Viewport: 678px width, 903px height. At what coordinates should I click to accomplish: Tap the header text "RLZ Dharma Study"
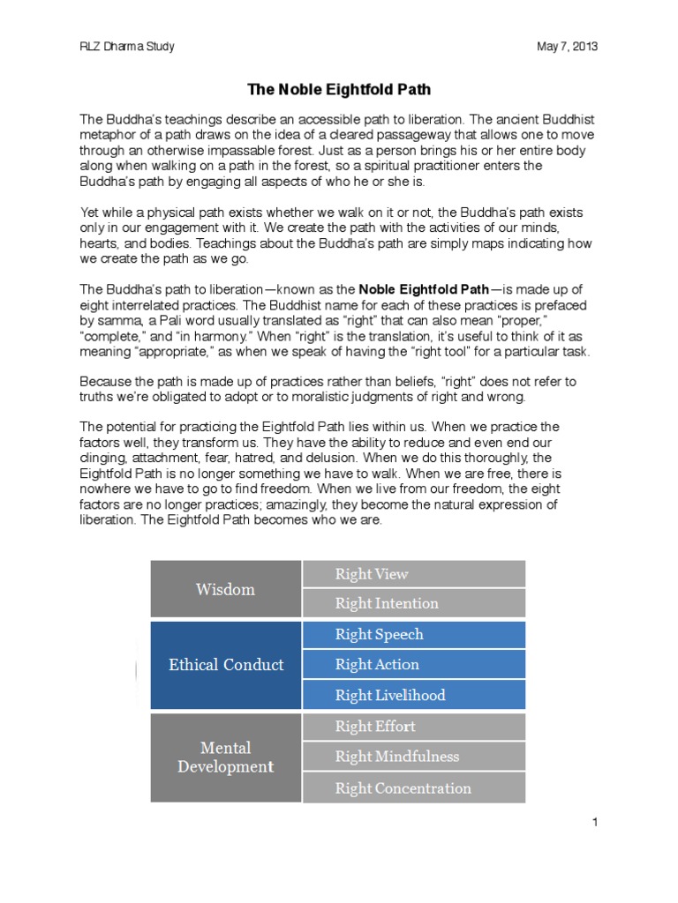(x=126, y=47)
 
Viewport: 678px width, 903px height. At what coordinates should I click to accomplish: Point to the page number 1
(x=596, y=822)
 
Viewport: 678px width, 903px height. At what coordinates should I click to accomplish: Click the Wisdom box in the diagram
(x=225, y=589)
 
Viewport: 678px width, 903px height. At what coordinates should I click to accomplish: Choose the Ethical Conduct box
(x=226, y=665)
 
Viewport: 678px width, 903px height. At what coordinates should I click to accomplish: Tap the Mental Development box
(x=225, y=757)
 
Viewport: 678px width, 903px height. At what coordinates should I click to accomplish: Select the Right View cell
(x=413, y=574)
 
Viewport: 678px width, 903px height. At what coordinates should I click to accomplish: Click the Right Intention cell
(x=413, y=603)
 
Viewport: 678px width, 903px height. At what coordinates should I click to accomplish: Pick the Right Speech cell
(x=413, y=635)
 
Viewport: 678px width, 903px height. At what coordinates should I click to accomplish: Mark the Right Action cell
(x=413, y=665)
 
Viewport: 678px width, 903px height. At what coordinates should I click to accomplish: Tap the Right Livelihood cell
(x=413, y=695)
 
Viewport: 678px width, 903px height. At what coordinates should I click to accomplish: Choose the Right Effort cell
(x=413, y=727)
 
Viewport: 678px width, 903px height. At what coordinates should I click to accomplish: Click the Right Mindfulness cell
(x=413, y=757)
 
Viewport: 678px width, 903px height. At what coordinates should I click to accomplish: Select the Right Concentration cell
(x=413, y=788)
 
